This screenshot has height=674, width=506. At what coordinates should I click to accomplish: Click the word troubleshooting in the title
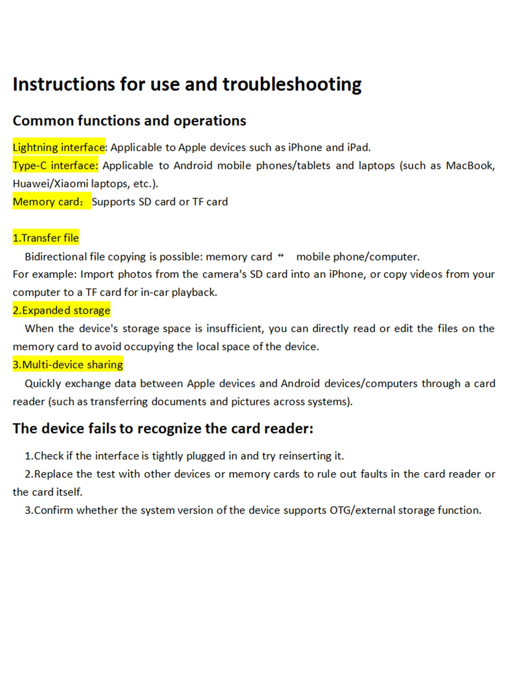tap(292, 84)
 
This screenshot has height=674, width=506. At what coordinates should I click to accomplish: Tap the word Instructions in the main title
tap(63, 84)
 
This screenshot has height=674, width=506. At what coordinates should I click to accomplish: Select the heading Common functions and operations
tap(129, 121)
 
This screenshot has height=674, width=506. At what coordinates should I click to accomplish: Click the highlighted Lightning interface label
tap(59, 147)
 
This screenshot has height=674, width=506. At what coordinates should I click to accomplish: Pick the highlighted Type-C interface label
tap(55, 165)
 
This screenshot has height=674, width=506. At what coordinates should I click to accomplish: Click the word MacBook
tap(469, 165)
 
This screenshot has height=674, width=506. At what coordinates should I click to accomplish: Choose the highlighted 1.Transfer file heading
tap(46, 238)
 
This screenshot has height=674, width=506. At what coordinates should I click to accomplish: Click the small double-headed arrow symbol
tap(281, 256)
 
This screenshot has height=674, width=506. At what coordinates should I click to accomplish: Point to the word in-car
tap(154, 292)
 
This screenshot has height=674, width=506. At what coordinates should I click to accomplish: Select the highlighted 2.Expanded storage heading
tap(62, 310)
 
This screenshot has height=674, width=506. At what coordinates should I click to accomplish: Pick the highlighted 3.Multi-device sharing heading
tap(68, 365)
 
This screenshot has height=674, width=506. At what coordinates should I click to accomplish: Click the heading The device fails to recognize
tap(163, 429)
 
